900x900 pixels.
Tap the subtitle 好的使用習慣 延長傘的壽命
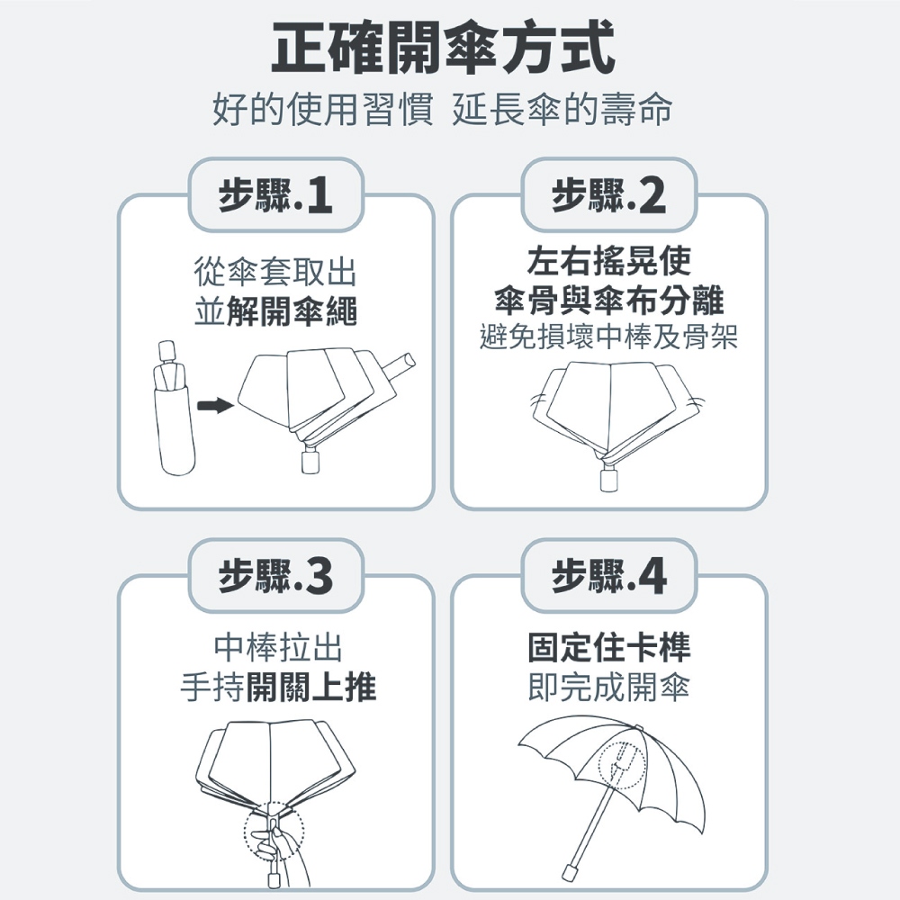(442, 109)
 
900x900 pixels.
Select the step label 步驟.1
(276, 195)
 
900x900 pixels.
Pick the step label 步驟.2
(609, 195)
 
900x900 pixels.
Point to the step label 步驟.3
(276, 576)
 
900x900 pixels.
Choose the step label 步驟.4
(609, 576)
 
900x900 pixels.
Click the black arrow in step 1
(215, 406)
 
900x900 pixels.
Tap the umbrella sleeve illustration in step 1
(173, 408)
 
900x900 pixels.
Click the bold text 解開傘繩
(292, 311)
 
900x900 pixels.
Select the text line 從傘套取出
(275, 272)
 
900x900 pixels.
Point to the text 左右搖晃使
(609, 261)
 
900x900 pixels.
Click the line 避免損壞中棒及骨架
(609, 337)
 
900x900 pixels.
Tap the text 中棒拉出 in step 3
(278, 647)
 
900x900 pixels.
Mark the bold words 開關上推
(311, 687)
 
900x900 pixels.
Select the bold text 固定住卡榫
(609, 647)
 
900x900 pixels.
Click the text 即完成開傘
(609, 687)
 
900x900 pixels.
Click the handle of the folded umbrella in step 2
(609, 480)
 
